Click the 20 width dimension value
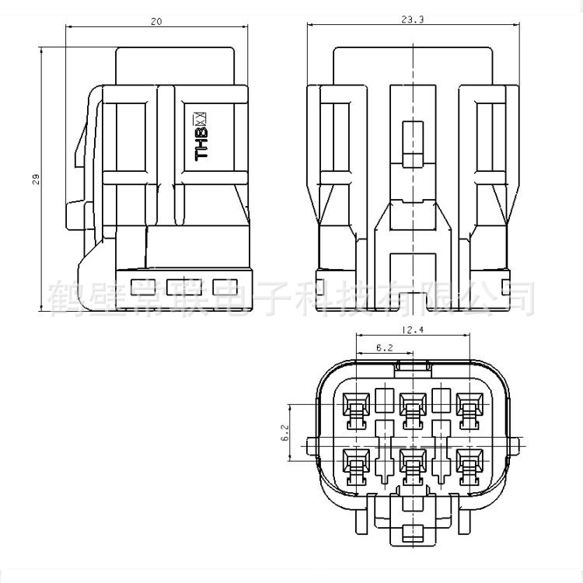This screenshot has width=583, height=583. (x=157, y=23)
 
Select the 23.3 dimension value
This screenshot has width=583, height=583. (x=414, y=22)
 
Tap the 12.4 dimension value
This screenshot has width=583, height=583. (x=412, y=330)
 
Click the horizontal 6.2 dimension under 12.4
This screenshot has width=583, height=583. (x=384, y=349)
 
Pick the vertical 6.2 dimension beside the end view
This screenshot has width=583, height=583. (x=285, y=433)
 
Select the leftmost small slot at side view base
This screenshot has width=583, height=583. (x=141, y=285)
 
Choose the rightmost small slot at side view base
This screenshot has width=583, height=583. (x=223, y=285)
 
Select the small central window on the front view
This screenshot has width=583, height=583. (x=413, y=143)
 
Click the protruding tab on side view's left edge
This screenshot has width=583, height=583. (x=75, y=212)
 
